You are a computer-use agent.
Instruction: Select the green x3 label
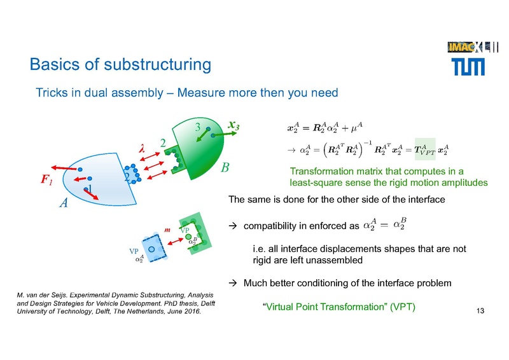pos(234,126)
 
